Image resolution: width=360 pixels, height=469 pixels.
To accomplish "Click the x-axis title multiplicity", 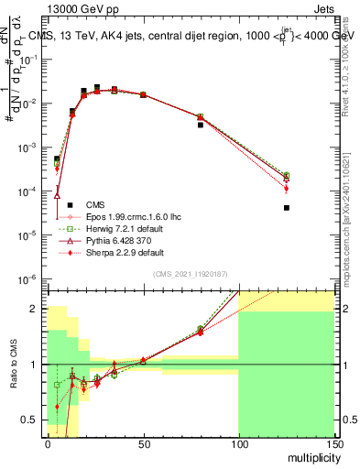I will [310, 455].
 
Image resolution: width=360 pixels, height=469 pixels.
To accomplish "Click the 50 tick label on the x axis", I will [143, 443].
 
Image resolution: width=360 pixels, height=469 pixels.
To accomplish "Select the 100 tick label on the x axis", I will [238, 443].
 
